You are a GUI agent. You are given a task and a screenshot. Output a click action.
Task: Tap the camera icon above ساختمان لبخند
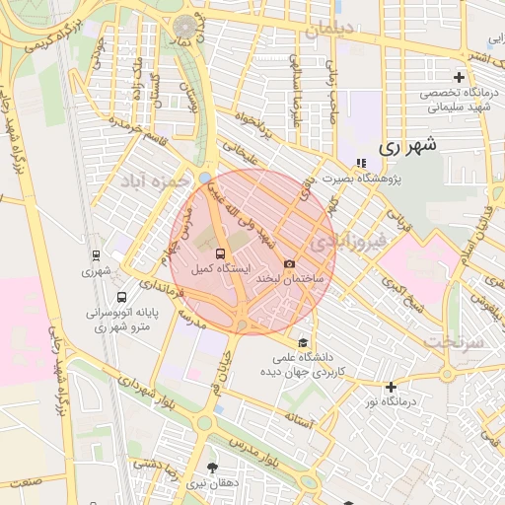(x=289, y=263)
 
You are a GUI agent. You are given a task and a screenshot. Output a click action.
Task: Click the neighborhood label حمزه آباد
(x=154, y=181)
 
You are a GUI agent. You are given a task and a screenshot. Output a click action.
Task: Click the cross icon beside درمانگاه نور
(x=391, y=387)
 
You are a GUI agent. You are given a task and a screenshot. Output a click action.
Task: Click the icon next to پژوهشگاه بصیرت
(x=360, y=164)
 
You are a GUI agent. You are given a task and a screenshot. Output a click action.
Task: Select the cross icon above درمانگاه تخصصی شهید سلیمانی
(x=458, y=77)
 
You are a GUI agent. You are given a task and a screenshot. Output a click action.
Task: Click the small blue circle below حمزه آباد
(x=204, y=179)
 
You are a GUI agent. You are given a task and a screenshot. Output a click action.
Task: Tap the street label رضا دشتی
(x=177, y=464)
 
